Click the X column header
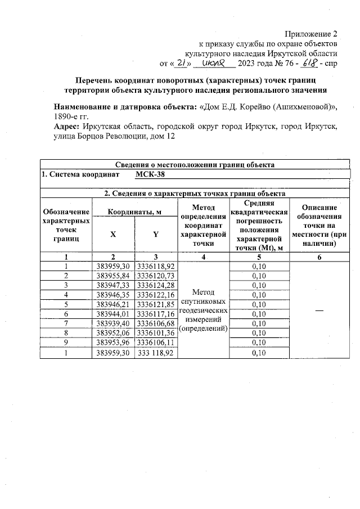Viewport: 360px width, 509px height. tap(112, 235)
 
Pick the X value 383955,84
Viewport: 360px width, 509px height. tap(112, 276)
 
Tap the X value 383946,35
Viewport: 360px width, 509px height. tap(112, 295)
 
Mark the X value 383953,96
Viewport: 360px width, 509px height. tap(112, 343)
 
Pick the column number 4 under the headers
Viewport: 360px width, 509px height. tap(202, 256)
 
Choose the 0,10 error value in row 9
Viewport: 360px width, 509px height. tap(259, 343)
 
